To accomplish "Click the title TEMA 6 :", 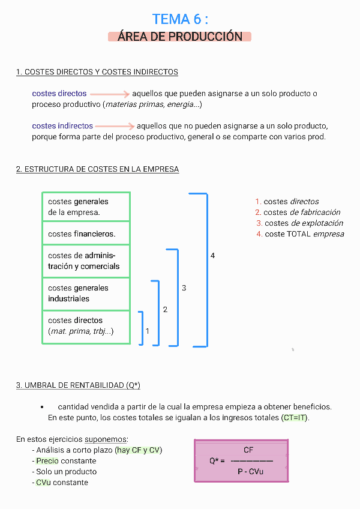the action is (x=180, y=19).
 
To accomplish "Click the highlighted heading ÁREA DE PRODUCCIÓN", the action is (x=180, y=37).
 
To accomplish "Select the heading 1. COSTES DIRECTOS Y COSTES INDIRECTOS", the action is (x=97, y=72).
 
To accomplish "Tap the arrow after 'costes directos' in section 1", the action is (x=110, y=94).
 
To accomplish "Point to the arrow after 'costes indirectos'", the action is (x=115, y=127).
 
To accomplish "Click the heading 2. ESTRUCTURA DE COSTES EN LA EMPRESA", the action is (x=97, y=169).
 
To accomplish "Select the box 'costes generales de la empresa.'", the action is (x=86, y=206).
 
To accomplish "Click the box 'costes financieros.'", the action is (x=86, y=233).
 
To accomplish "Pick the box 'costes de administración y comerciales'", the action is (x=86, y=261).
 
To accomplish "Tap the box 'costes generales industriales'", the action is (x=86, y=294).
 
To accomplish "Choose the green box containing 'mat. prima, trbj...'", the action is (x=86, y=327).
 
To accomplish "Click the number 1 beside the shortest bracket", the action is (x=148, y=331).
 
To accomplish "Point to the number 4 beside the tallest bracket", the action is (x=212, y=256).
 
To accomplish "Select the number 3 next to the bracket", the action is (x=184, y=289).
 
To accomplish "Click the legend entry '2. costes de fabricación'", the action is (x=298, y=212).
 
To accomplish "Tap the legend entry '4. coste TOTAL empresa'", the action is (x=300, y=234).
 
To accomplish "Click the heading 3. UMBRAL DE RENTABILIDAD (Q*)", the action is (x=78, y=385).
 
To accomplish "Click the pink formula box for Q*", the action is (x=241, y=461).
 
